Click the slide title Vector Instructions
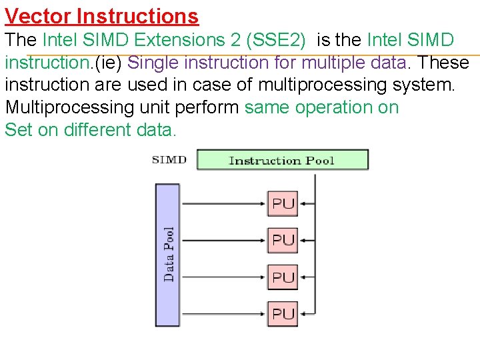pyautogui.click(x=101, y=15)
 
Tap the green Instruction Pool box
pyautogui.click(x=282, y=160)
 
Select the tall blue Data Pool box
pyautogui.click(x=168, y=254)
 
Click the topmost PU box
pyautogui.click(x=283, y=203)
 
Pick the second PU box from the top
pyautogui.click(x=283, y=239)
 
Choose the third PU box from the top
pyautogui.click(x=283, y=277)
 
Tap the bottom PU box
pyautogui.click(x=283, y=313)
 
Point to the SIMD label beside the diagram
pyautogui.click(x=169, y=160)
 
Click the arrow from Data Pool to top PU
pyautogui.click(x=223, y=203)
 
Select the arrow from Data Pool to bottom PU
pyautogui.click(x=223, y=313)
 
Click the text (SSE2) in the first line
pyautogui.click(x=276, y=40)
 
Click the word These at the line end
pyautogui.click(x=443, y=63)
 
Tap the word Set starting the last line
pyautogui.click(x=18, y=130)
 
